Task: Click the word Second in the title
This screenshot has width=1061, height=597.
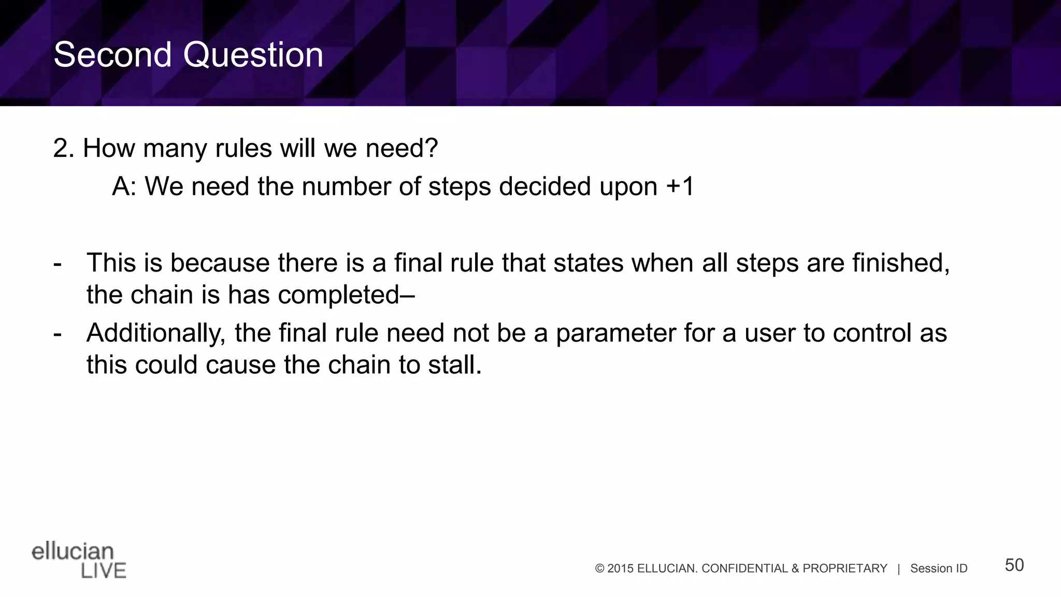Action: point(112,55)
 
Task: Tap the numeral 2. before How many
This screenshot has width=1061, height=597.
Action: point(64,148)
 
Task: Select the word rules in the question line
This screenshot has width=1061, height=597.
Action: point(243,148)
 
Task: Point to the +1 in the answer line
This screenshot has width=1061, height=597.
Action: point(680,186)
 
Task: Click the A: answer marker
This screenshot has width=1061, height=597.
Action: point(124,187)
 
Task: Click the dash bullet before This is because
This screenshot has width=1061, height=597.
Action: point(58,264)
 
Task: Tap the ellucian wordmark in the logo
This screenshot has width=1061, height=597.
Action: point(73,551)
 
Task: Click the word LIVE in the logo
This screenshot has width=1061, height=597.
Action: point(104,571)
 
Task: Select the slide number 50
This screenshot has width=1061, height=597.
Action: point(1014,565)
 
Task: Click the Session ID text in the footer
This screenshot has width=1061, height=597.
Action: point(939,568)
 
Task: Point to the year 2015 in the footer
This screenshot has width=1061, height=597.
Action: point(620,568)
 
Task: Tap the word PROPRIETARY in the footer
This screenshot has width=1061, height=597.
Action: point(844,568)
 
